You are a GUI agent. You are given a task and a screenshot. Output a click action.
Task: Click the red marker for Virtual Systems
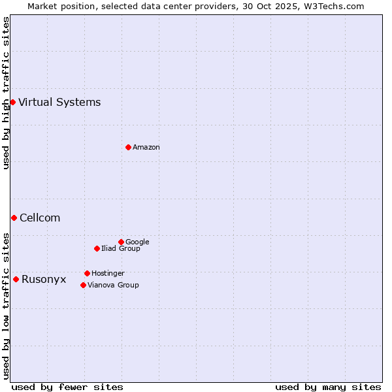(12, 102)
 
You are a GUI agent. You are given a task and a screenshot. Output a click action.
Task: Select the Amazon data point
(128, 147)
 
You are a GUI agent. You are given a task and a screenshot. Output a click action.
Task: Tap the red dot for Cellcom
(14, 218)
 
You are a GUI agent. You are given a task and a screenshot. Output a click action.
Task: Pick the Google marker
(121, 242)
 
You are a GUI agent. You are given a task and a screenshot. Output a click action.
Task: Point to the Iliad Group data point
(97, 248)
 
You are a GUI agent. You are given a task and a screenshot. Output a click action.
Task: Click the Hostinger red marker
(87, 273)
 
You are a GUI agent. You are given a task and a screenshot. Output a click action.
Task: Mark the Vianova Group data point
(83, 285)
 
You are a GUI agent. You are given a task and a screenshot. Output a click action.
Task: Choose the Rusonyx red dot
(16, 279)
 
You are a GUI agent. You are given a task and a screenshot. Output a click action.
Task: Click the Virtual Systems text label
(59, 102)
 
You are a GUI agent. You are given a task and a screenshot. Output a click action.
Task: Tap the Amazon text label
(146, 148)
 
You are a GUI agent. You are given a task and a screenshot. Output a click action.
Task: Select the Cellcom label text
(40, 218)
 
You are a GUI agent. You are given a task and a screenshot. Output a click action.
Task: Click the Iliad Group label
(121, 249)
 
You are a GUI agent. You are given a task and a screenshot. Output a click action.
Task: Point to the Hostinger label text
(108, 274)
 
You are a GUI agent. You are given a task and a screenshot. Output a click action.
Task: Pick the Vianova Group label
(113, 286)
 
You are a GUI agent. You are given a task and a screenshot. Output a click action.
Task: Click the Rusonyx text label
(44, 279)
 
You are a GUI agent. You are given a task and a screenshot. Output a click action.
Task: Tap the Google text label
(137, 242)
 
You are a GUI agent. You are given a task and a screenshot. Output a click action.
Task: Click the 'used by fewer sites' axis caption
(67, 387)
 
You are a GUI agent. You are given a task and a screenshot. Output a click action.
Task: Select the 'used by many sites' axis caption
(328, 387)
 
